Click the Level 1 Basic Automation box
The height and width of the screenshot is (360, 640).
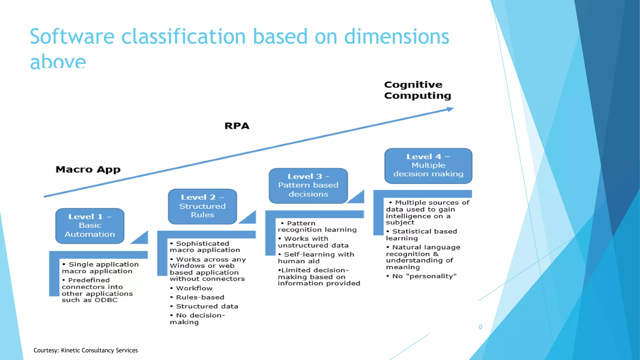coord(90,226)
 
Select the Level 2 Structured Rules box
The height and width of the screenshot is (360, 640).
coord(202,206)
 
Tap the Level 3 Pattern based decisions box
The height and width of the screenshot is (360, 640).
coord(308,185)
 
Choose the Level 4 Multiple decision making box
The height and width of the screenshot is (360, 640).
coord(428,166)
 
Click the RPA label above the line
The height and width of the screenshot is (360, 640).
coord(237,126)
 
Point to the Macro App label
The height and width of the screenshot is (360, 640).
coord(88,169)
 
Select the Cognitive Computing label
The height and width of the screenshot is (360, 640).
coord(417,90)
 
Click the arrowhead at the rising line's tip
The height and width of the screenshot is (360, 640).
coord(450,109)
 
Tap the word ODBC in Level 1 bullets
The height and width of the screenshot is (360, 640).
coord(106,300)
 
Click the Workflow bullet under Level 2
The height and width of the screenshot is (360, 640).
coord(194,288)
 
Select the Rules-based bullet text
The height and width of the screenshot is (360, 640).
coord(200,297)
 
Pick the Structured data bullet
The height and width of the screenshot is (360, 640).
coord(207,306)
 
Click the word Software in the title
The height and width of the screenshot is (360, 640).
coord(72,37)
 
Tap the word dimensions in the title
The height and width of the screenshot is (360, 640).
coord(397,37)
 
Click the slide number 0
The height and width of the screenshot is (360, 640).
coord(480,327)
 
